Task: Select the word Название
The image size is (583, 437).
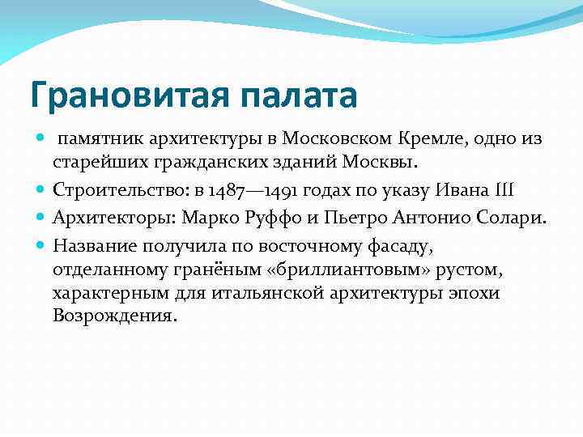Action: coord(91,244)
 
